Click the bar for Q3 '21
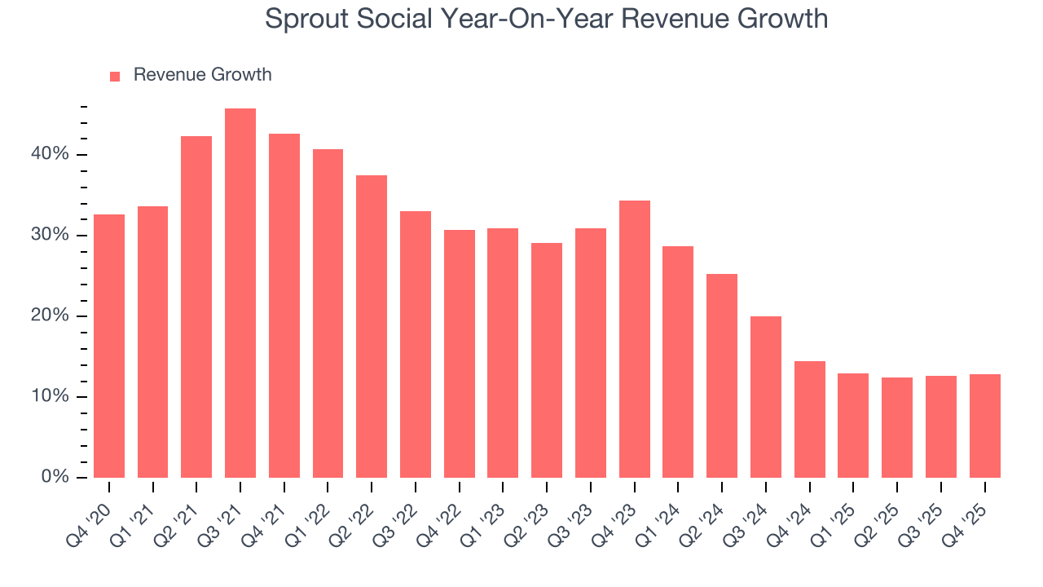(x=240, y=293)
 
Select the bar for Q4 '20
(x=109, y=346)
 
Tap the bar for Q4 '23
(x=635, y=339)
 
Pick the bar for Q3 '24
(x=766, y=397)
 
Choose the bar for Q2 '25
(x=897, y=428)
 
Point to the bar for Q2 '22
(x=372, y=326)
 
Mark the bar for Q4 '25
(x=984, y=426)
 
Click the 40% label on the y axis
(x=51, y=155)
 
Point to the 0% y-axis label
(x=55, y=477)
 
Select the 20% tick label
(x=51, y=316)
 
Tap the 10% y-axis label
(x=51, y=397)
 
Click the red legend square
(x=115, y=76)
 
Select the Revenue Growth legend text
(x=202, y=75)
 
